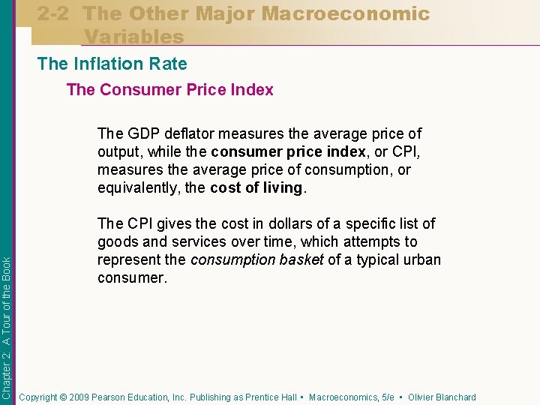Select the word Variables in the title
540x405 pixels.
coord(133,36)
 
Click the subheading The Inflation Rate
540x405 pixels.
coord(112,64)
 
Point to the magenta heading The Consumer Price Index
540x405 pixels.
coord(169,90)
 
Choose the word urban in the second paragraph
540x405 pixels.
coord(421,259)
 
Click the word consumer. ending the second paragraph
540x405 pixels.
coord(130,277)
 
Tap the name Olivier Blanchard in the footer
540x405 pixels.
coord(442,397)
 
